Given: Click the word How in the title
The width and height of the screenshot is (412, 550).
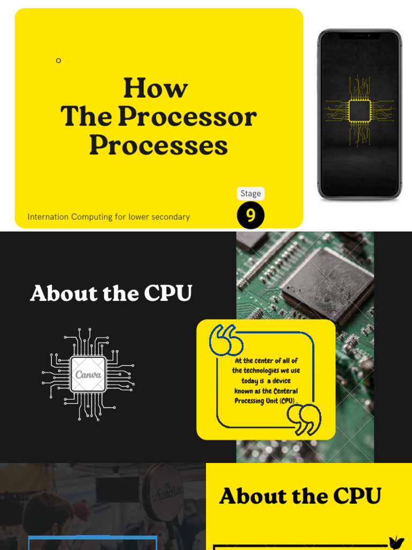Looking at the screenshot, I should click(156, 89).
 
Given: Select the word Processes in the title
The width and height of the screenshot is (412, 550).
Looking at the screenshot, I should click(158, 145).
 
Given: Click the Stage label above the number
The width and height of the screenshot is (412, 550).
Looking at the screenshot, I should click(251, 193).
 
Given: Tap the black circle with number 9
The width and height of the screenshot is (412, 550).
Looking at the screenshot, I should click(251, 215).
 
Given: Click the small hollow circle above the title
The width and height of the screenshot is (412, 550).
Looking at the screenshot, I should click(58, 61).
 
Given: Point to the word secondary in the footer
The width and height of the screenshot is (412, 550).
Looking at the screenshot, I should click(171, 217).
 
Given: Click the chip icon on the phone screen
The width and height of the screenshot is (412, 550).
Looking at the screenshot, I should click(359, 110).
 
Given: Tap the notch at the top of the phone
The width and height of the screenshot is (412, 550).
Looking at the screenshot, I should click(359, 36).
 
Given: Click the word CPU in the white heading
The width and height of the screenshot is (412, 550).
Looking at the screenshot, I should click(168, 293).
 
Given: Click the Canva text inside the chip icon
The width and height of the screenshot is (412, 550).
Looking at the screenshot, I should click(88, 374).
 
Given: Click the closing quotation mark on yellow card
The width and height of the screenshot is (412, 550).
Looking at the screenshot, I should click(304, 419).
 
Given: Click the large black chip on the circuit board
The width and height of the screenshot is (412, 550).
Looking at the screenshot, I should click(328, 278).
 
